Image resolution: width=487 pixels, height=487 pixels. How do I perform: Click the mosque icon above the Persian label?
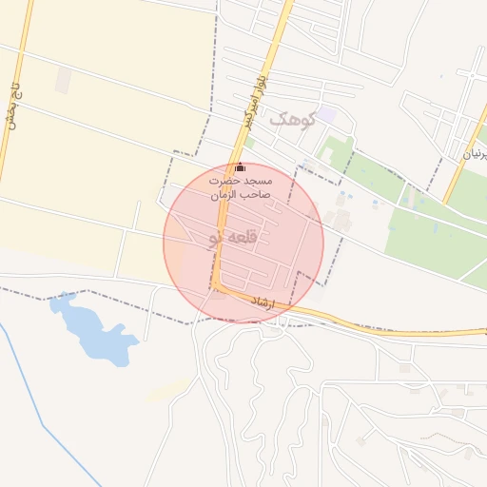pos(240,168)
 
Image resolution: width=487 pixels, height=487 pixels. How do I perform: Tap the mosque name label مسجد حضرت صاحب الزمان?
pos(242,187)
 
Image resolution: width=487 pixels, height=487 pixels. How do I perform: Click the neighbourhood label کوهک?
pos(289,120)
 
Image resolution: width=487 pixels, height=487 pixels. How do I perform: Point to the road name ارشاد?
pos(260,303)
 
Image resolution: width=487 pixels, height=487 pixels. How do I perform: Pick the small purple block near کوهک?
pos(326,114)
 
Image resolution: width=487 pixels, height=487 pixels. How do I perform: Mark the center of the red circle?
pos(243,243)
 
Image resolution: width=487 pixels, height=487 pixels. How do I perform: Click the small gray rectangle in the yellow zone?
pos(63,80)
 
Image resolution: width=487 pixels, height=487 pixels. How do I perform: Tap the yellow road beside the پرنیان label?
pos(459,162)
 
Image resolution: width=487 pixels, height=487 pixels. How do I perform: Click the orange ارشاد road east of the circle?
pos(399,333)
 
